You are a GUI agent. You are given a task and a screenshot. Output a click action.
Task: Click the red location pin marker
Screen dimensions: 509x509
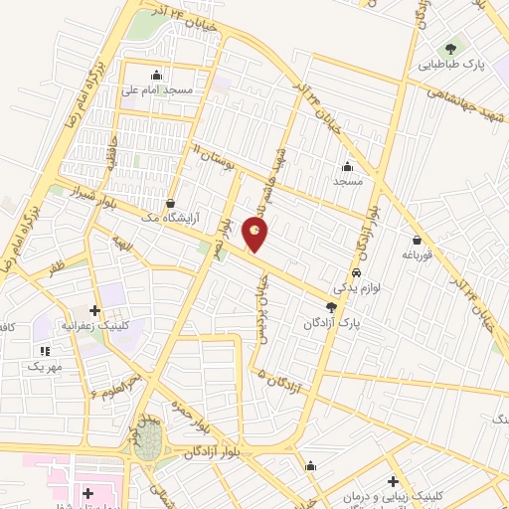coord(256,235)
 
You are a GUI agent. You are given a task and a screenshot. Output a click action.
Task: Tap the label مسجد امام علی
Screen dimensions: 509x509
coord(157,89)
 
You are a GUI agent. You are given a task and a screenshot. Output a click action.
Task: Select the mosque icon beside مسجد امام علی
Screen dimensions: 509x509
coord(156,75)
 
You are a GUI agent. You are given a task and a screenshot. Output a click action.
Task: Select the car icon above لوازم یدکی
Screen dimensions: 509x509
coord(356,273)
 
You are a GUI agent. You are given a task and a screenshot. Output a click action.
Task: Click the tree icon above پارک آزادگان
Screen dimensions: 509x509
coord(331,308)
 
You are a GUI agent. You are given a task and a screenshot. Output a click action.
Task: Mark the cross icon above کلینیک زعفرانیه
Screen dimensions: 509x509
coord(95,311)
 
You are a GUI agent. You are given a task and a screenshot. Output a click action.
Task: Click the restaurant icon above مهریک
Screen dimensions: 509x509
coord(44,351)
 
